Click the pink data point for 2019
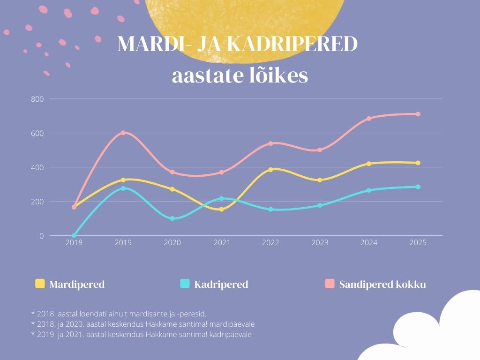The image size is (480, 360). coord(123,133)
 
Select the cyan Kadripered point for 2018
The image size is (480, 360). coord(74,235)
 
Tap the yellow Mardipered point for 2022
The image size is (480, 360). coord(270,170)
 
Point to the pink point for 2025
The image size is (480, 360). coord(418,114)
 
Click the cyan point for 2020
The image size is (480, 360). coord(172,218)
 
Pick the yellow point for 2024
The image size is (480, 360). coord(369,164)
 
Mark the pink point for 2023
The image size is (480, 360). coord(320,150)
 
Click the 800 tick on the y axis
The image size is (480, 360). coord(37,99)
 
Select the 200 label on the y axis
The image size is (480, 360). coord(37,202)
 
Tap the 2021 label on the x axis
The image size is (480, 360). coord(221,243)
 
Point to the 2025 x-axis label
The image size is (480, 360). coord(418,243)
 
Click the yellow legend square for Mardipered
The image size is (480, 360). coord(40,284)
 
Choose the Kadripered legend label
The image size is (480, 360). coord(221,285)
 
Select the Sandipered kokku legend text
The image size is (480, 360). coord(382,285)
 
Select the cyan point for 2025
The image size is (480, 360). coord(418,187)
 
